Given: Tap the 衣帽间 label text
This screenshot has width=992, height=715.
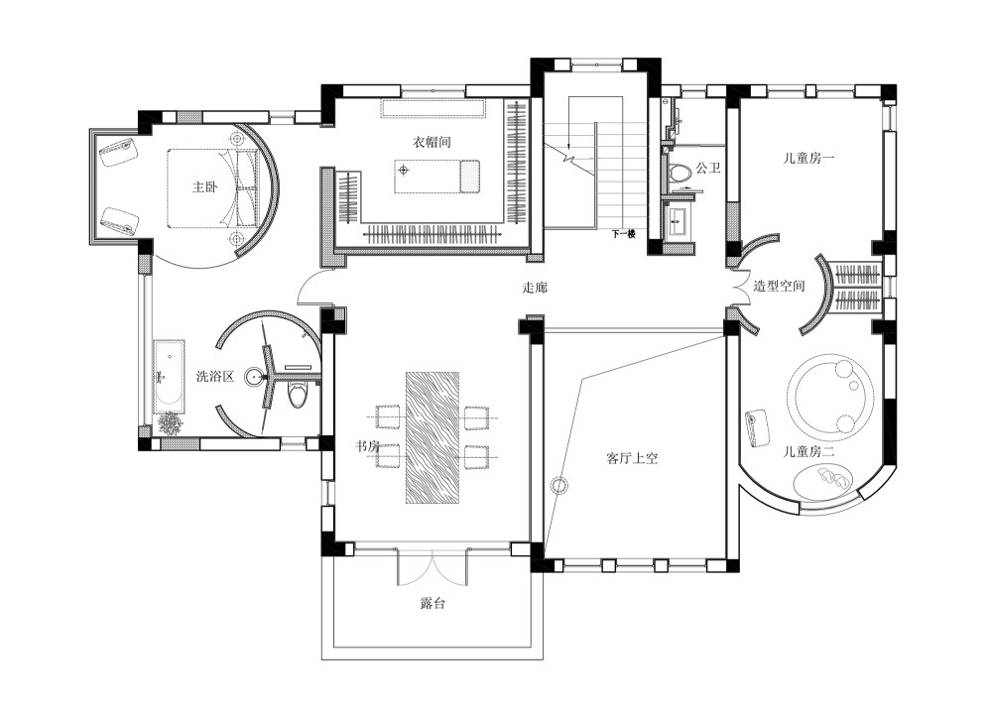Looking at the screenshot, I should pyautogui.click(x=433, y=142).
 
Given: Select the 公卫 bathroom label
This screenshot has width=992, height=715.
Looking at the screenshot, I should pyautogui.click(x=707, y=169).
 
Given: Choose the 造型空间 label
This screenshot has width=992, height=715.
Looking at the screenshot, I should pyautogui.click(x=779, y=286).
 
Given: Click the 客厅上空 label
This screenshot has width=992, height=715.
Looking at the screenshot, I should pyautogui.click(x=633, y=458).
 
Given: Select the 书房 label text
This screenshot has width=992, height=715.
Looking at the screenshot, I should pyautogui.click(x=368, y=447).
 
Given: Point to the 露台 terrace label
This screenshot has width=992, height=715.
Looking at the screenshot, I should pyautogui.click(x=433, y=603).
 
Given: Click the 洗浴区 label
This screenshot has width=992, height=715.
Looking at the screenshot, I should pyautogui.click(x=214, y=376).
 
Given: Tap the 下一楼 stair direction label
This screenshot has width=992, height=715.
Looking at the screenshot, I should pyautogui.click(x=623, y=235).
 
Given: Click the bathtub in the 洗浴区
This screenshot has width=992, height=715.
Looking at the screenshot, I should pyautogui.click(x=169, y=376).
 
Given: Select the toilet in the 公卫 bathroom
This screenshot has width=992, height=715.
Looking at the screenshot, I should pyautogui.click(x=680, y=174).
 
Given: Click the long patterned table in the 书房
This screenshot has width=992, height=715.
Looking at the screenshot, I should pyautogui.click(x=432, y=437).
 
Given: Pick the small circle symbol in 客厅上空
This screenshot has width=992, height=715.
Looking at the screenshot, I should pyautogui.click(x=558, y=485).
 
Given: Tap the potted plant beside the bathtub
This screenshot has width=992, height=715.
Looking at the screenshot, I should pyautogui.click(x=171, y=423).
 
